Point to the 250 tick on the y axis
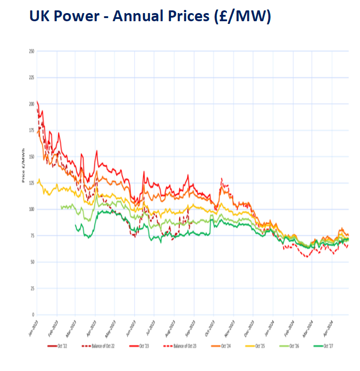pyautogui.click(x=31, y=51)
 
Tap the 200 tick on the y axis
pyautogui.click(x=31, y=104)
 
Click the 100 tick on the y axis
pyautogui.click(x=31, y=209)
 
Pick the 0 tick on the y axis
pyautogui.click(x=33, y=315)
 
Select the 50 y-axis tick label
pyautogui.click(x=32, y=262)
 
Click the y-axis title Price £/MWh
pyautogui.click(x=23, y=167)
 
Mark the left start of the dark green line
pyautogui.click(x=75, y=225)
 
